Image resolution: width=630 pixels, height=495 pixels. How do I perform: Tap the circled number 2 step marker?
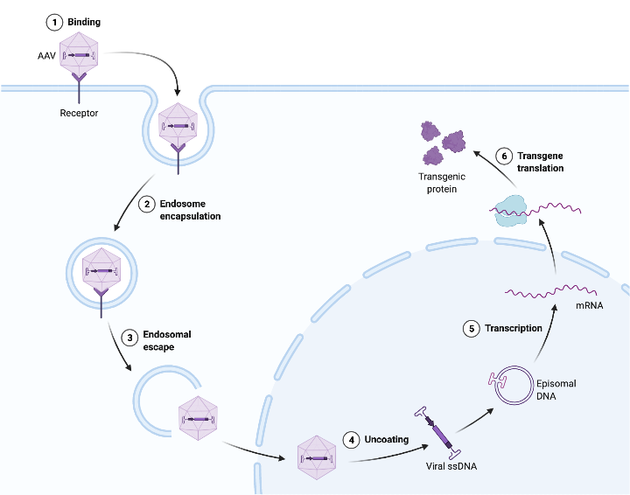click(x=147, y=205)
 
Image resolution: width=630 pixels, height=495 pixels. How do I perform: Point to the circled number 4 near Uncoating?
click(x=352, y=439)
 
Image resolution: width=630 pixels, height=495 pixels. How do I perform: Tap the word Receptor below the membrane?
click(x=79, y=113)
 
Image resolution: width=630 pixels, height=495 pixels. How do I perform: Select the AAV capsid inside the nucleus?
click(x=317, y=457)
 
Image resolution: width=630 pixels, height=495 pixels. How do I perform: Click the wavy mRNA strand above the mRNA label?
click(x=551, y=290)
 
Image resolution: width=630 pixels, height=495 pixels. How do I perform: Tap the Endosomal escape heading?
click(x=166, y=340)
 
